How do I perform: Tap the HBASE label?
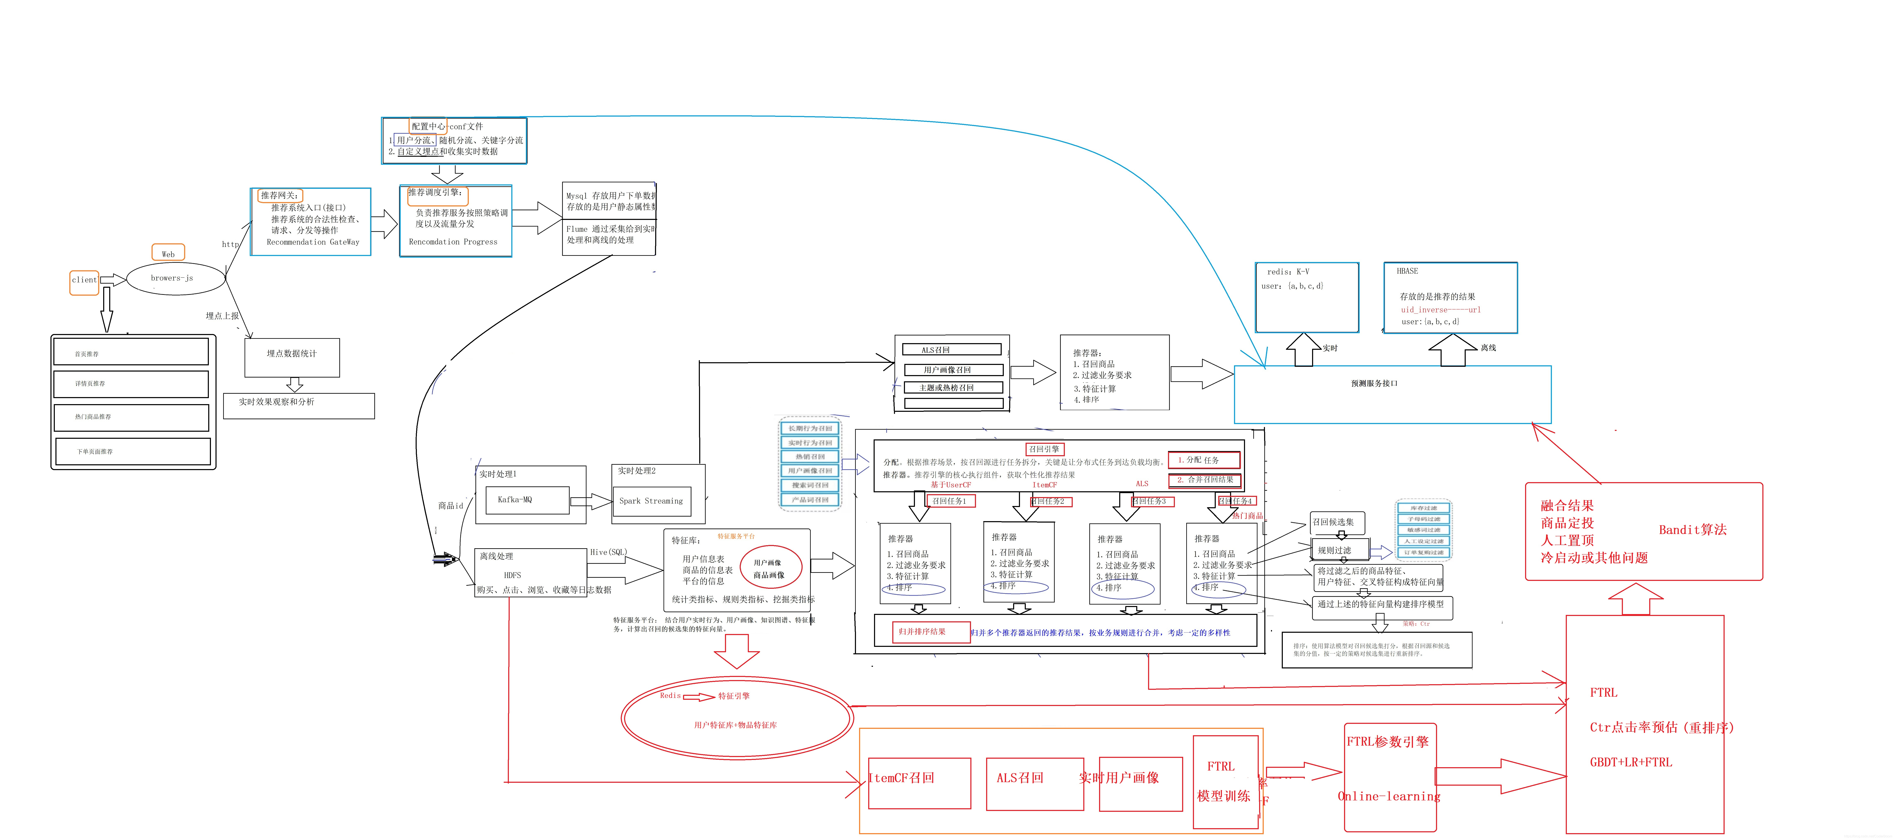(1407, 271)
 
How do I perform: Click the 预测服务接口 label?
(1374, 384)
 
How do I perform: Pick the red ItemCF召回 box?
(919, 783)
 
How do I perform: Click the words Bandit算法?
(1693, 530)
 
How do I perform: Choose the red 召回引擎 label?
(1044, 449)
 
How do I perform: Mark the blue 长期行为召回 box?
(809, 428)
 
